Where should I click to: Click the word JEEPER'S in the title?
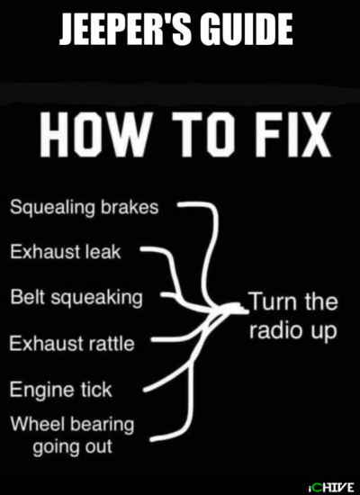124,30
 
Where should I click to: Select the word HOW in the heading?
94,135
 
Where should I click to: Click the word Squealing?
52,209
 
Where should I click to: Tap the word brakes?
130,207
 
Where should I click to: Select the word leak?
103,252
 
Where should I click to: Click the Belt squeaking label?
76,298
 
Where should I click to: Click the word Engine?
39,391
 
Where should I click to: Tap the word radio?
272,330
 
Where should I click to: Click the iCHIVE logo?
330,487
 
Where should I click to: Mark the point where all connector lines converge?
221,310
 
